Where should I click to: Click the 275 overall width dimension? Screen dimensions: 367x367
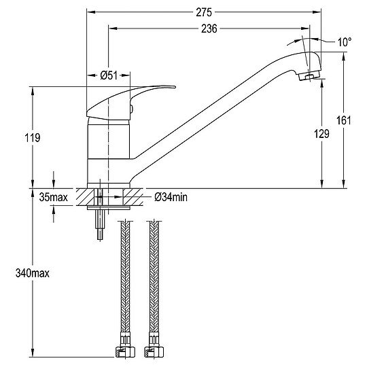coord(204,12)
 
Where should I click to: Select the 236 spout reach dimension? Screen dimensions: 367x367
coord(209,29)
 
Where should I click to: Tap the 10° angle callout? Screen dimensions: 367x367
coord(345,42)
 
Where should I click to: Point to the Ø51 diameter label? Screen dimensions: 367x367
coord(109,75)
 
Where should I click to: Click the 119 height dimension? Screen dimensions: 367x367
coord(33,137)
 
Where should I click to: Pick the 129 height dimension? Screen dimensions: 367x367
coord(321,134)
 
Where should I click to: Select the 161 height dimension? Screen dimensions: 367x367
coord(344,120)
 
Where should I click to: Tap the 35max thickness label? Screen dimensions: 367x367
coord(54,197)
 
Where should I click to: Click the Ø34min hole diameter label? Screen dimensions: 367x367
coord(171,197)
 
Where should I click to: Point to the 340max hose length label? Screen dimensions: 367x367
coord(33,273)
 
